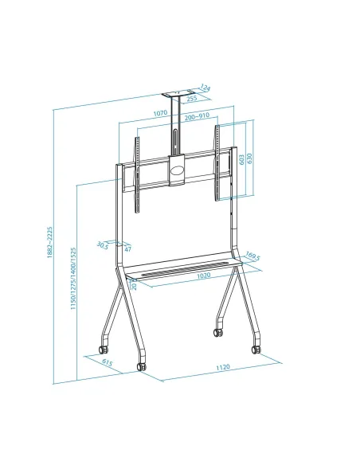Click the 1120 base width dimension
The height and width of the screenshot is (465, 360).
[x=222, y=367]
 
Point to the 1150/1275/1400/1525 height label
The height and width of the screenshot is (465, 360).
[x=73, y=279]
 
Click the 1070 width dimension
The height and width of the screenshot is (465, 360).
[x=160, y=114]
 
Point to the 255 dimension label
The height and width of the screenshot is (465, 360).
[x=192, y=99]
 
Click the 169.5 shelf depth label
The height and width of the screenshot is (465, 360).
[x=252, y=256]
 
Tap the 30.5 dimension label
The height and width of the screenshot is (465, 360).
[x=102, y=244]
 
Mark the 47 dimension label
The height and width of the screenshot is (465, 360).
[x=127, y=249]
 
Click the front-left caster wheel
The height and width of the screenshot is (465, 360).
[x=142, y=365]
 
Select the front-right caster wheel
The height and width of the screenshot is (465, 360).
[x=256, y=348]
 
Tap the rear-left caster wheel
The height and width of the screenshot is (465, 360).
[x=101, y=349]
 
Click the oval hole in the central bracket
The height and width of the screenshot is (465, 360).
[x=177, y=170]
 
